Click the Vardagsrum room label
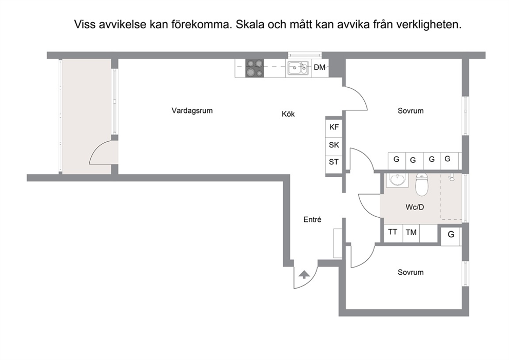click(x=192, y=110)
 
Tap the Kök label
click(x=288, y=114)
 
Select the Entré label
click(x=312, y=220)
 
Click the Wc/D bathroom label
click(x=415, y=207)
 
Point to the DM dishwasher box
click(x=320, y=68)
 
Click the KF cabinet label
click(x=334, y=127)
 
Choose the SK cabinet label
click(x=334, y=145)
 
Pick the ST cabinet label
click(x=334, y=162)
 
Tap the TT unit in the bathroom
click(x=393, y=232)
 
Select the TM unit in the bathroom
click(x=411, y=232)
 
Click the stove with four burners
click(x=254, y=68)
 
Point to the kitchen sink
click(x=298, y=68)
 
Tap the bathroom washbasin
click(x=397, y=180)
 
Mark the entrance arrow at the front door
click(x=304, y=275)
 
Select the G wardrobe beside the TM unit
click(x=451, y=234)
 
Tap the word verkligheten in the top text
click(x=429, y=24)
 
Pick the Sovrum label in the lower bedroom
click(x=410, y=272)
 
